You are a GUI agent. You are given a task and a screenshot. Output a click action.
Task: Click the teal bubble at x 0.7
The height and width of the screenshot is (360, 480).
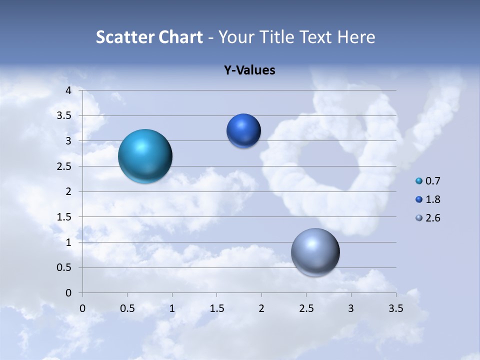point(145,156)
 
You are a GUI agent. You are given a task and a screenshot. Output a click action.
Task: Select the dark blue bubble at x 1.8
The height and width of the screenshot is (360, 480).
point(243,131)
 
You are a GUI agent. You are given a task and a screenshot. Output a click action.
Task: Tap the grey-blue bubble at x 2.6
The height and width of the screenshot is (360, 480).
point(315,252)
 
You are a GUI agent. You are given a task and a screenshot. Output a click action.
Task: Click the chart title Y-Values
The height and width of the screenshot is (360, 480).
point(249,70)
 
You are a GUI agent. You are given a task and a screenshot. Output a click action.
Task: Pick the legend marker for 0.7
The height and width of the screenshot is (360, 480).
point(419,181)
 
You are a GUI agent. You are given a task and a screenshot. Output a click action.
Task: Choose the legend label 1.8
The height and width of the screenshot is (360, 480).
point(433,199)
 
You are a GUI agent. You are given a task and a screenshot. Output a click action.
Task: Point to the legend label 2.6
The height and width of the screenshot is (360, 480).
point(433,218)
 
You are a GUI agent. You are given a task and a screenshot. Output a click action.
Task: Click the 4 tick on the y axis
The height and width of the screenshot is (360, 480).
point(69,90)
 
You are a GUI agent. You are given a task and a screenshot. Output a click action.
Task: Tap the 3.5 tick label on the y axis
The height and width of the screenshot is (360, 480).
point(64,115)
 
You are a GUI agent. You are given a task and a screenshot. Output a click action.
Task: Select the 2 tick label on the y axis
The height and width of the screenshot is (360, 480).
point(69,191)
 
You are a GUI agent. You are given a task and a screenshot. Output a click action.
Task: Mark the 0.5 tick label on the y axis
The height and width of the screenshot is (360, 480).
point(64,267)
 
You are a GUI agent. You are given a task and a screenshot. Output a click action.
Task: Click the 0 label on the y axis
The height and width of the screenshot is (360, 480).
point(69,293)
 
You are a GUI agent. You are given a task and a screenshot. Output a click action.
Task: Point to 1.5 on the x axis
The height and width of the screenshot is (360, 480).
point(216,308)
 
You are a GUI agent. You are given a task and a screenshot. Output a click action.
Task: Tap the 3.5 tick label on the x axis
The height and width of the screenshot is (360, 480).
point(395,308)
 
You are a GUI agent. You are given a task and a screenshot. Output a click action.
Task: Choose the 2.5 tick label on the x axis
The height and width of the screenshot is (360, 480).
point(306,308)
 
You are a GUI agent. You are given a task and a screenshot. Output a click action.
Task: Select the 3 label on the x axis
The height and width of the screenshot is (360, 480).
point(351,308)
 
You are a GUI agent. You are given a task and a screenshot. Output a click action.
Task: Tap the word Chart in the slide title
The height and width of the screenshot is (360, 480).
point(180,37)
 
